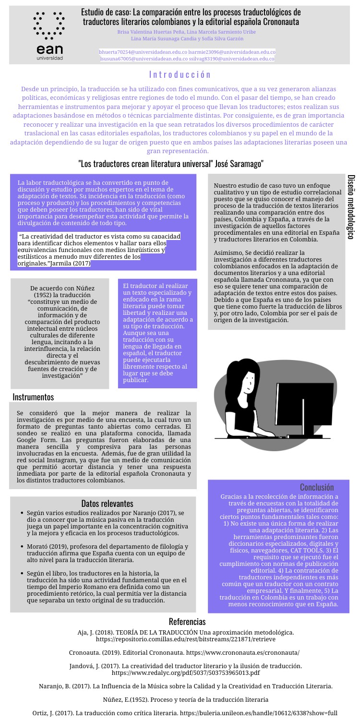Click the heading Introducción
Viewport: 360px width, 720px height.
[180, 74]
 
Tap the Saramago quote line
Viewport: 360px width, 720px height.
[171, 164]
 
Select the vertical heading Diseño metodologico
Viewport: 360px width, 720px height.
[351, 206]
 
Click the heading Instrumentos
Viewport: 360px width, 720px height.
[33, 397]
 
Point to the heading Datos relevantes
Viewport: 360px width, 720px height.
[107, 503]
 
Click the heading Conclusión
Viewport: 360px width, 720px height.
[317, 487]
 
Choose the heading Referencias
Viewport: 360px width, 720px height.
[187, 622]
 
